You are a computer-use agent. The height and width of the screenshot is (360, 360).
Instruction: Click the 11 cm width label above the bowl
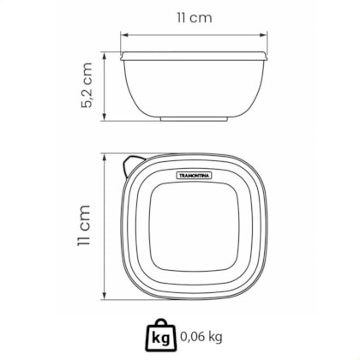pyautogui.click(x=195, y=18)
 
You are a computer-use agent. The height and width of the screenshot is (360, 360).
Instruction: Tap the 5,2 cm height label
pyautogui.click(x=87, y=85)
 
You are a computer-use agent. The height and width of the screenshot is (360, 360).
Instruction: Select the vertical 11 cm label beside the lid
pyautogui.click(x=84, y=225)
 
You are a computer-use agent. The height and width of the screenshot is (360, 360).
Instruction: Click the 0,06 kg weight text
pyautogui.click(x=201, y=337)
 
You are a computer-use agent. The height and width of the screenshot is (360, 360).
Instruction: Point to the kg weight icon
pyautogui.click(x=161, y=335)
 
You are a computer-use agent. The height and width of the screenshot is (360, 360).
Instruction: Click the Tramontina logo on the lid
pyautogui.click(x=194, y=175)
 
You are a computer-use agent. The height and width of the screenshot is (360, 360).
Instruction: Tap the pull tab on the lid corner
pyautogui.click(x=132, y=166)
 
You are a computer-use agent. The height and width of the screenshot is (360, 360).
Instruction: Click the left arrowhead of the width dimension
pyautogui.click(x=123, y=35)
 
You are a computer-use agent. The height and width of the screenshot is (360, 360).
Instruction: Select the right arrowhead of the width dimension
pyautogui.click(x=264, y=35)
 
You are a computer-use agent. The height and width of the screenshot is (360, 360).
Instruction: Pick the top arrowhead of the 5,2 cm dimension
pyautogui.click(x=105, y=56)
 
